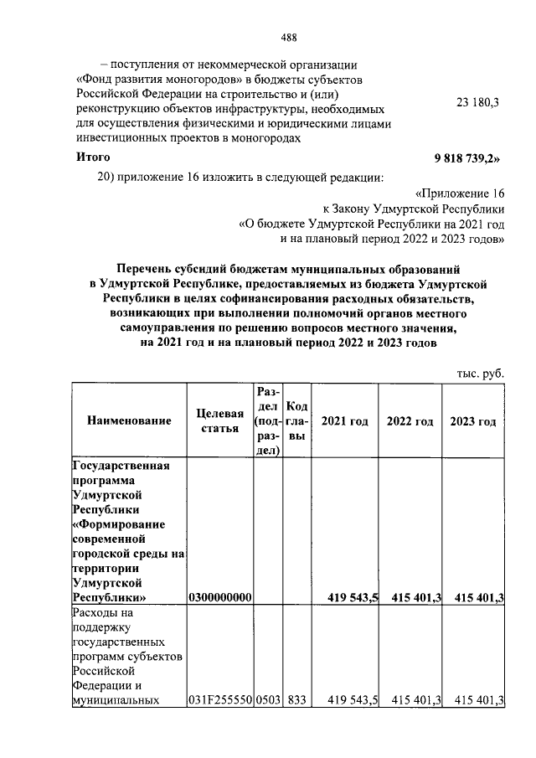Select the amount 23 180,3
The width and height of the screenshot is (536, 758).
[x=477, y=101]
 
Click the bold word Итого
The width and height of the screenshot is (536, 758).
[x=93, y=157]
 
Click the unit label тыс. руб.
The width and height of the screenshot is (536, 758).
[x=480, y=374]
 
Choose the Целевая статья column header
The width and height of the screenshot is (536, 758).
[x=220, y=420]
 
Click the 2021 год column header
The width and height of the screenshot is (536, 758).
[x=345, y=420]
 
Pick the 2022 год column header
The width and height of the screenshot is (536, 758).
[x=410, y=420]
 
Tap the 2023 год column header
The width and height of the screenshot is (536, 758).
[x=473, y=420]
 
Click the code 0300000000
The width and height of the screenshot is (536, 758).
[x=220, y=598]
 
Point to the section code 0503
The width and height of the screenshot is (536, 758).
[x=269, y=700]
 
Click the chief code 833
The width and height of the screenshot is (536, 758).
[x=296, y=700]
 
